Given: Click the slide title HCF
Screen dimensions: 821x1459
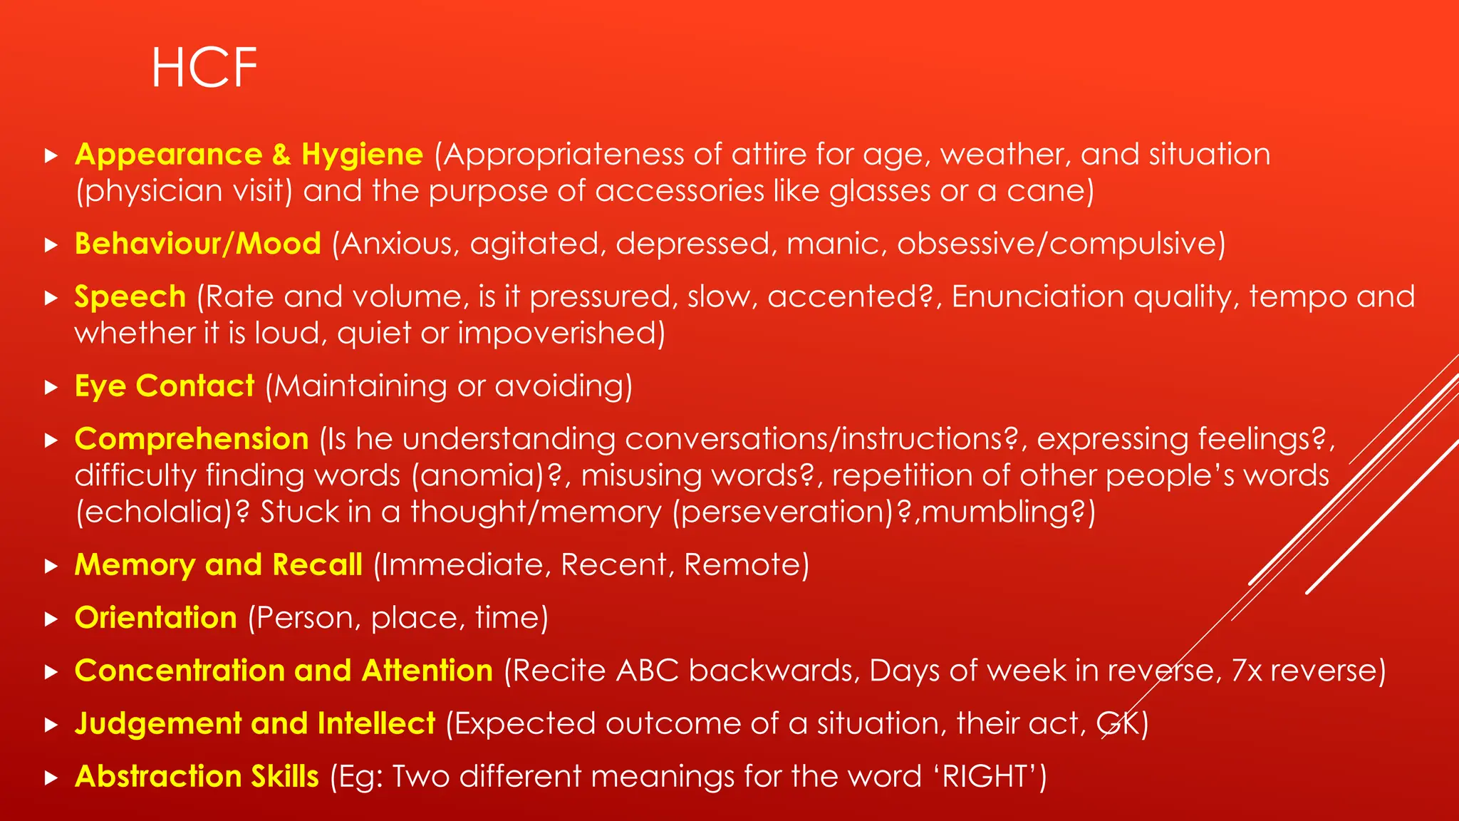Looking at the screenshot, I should click(204, 68).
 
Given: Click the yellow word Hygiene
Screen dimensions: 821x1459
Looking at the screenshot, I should click(362, 155).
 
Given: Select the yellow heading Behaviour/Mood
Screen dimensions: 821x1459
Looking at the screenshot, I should click(198, 244).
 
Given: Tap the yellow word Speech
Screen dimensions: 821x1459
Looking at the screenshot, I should click(130, 296).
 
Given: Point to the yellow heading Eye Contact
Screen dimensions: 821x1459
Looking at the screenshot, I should click(165, 386).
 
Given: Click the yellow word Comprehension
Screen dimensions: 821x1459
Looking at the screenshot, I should click(192, 439).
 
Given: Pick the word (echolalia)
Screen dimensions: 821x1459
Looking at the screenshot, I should click(163, 512).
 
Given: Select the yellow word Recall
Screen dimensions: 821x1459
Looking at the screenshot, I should click(317, 564).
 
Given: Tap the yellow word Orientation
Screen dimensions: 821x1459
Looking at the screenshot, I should click(156, 617).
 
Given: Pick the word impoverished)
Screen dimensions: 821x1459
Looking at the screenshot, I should click(561, 333).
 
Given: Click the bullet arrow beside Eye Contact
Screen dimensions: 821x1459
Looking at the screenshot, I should click(51, 387).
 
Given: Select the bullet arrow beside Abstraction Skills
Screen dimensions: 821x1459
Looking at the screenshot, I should click(51, 778).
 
